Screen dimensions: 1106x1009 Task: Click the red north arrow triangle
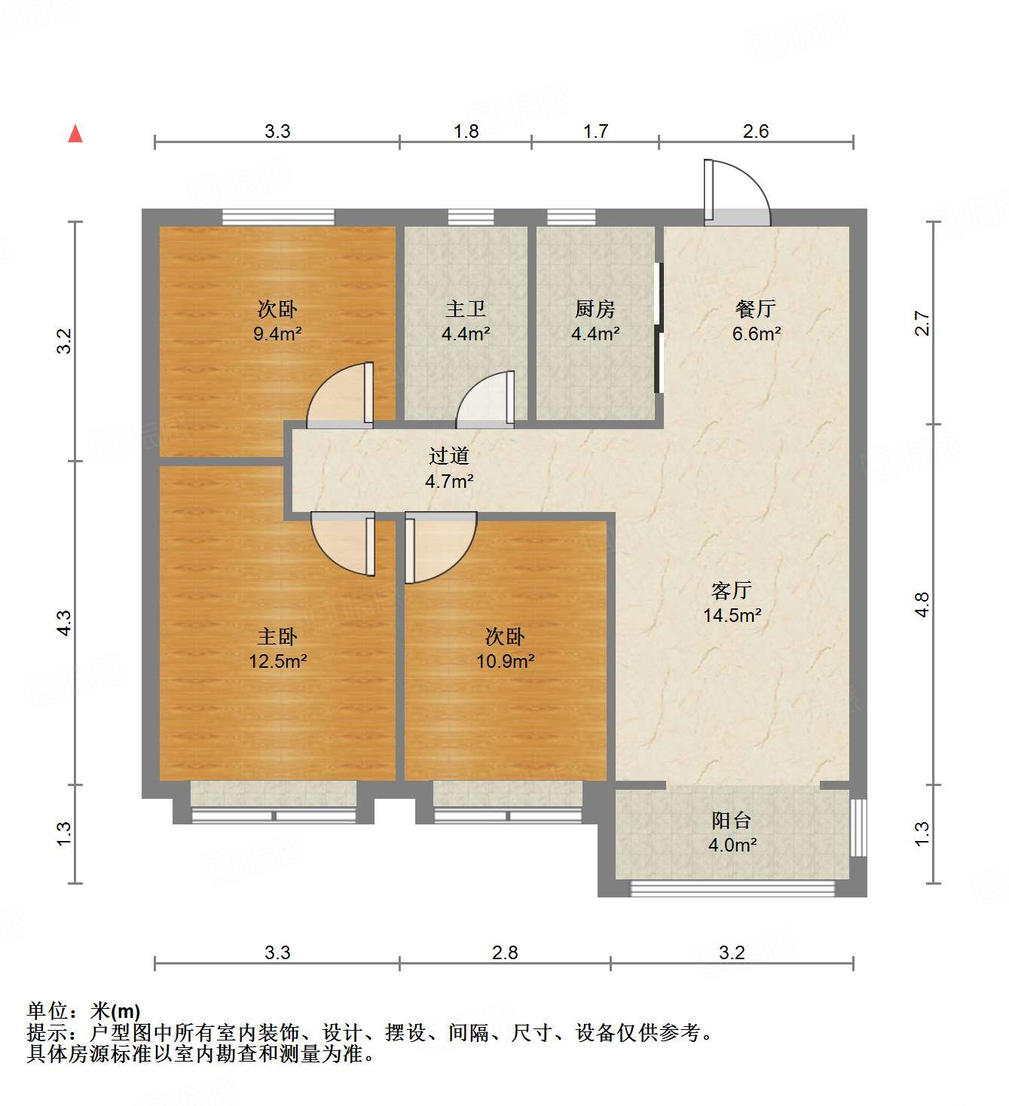(75, 134)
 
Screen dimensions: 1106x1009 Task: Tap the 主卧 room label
(277, 637)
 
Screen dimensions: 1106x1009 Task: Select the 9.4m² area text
(277, 334)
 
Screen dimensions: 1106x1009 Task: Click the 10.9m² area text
(505, 662)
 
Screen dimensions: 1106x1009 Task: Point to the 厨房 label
(595, 309)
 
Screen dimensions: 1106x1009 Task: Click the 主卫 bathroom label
(466, 309)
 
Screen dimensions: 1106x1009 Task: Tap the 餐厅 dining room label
(756, 309)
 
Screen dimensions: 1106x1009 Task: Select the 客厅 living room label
(732, 590)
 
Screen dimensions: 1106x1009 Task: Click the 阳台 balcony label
(732, 820)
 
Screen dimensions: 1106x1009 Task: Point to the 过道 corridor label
(449, 456)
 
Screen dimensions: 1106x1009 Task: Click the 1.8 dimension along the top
(466, 131)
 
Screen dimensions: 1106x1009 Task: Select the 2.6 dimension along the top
(756, 131)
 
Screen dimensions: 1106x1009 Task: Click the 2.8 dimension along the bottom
(505, 952)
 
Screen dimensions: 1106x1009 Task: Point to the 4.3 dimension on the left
(65, 623)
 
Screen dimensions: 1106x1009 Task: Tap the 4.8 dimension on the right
(922, 605)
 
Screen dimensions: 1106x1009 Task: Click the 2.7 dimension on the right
(922, 324)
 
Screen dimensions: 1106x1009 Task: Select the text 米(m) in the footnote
(115, 1011)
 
